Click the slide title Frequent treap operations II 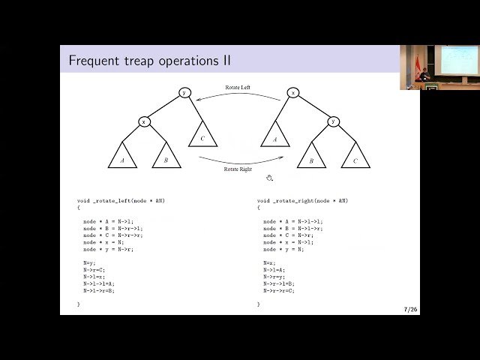pos(150,60)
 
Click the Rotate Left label pos(238,88)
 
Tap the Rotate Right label pos(238,169)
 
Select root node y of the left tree pos(184,92)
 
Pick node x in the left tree pos(144,121)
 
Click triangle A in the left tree pos(123,157)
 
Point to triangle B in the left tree pos(166,157)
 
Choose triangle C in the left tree pos(202,136)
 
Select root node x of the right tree pos(292,92)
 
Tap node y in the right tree pos(334,121)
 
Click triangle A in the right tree pos(275,136)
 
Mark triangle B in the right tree pos(311,157)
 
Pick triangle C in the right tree pos(355,157)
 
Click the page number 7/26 pos(410,309)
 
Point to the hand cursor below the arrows pos(269,178)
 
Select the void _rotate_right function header pos(302,201)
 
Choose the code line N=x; pos(268,262)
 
